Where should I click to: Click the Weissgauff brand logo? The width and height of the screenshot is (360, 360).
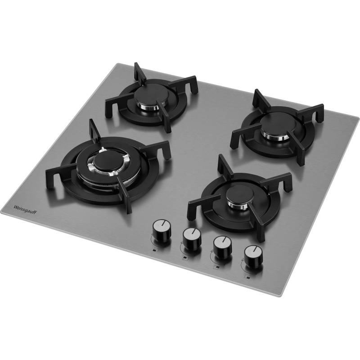25,210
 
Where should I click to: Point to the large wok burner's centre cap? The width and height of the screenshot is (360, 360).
107,159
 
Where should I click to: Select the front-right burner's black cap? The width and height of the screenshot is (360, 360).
240,193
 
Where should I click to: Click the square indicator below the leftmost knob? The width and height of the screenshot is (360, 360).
153,250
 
